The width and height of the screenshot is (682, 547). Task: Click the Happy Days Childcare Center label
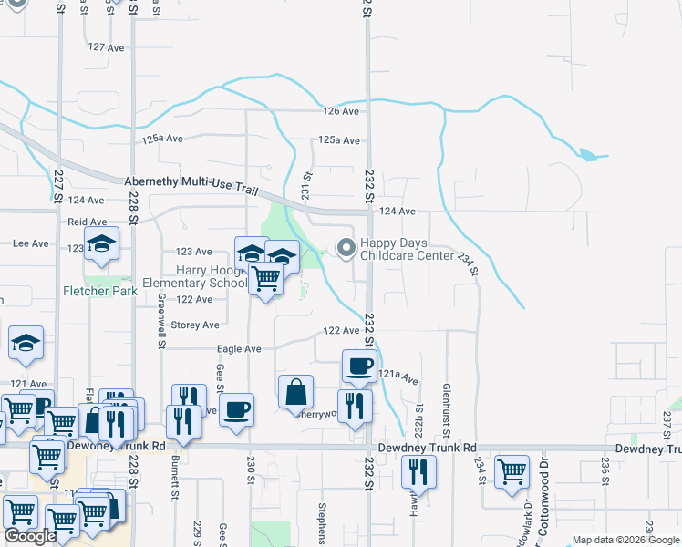point(406,250)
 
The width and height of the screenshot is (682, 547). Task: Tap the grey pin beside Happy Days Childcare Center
point(346,247)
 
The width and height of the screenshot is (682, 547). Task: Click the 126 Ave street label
point(341,111)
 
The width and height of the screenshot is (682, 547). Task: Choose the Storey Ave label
point(196,325)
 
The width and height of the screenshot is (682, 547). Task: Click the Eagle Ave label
point(239,348)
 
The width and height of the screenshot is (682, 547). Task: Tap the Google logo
point(31,536)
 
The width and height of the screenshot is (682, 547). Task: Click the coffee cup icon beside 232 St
point(357,366)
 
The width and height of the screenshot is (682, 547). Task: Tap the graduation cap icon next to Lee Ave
point(101,243)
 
